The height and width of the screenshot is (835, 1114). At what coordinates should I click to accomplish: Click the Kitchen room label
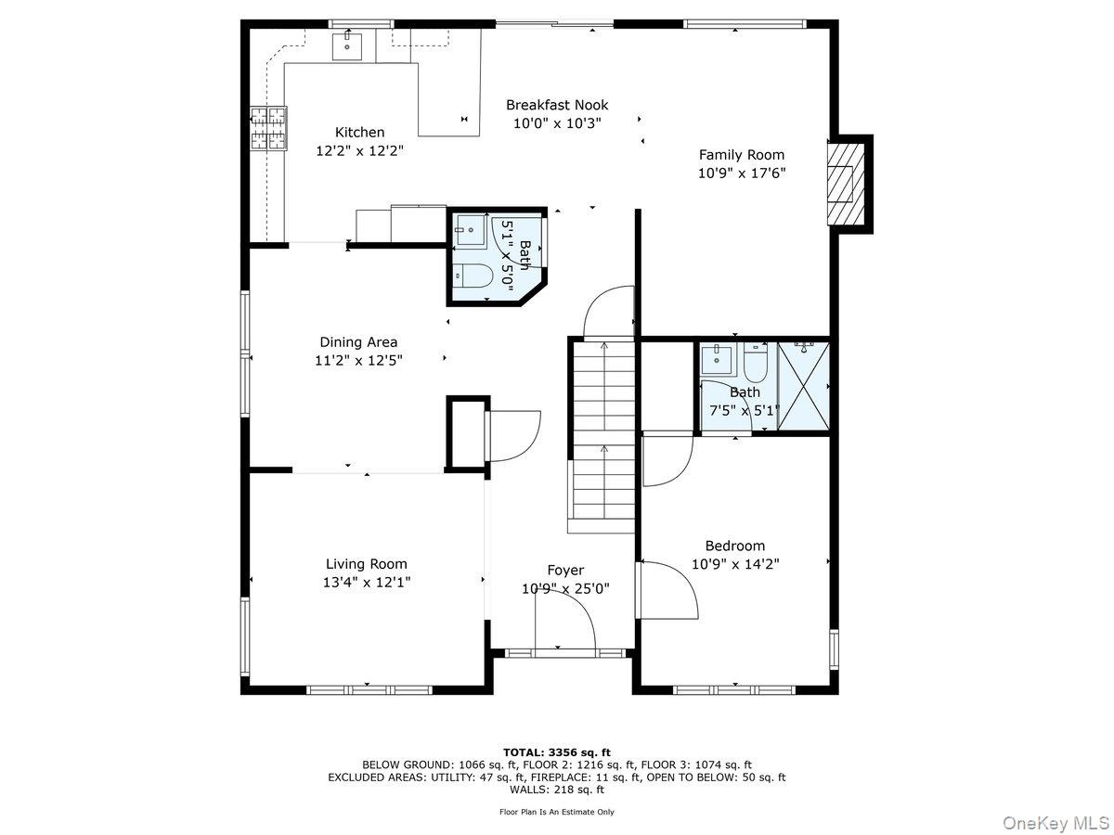tap(359, 133)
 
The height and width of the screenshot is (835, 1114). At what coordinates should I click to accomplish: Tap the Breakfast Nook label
tap(557, 105)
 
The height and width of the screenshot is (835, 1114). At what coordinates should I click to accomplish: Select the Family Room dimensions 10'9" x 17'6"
tap(742, 173)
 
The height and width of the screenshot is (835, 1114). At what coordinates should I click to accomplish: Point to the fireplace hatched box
tap(846, 184)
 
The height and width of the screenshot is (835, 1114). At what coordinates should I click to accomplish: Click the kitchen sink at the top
tap(347, 45)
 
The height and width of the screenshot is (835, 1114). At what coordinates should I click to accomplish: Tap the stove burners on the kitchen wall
tap(268, 128)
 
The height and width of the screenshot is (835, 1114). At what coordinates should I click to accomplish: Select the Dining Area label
tap(358, 342)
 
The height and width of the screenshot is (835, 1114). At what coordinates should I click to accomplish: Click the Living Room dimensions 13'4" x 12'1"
tap(367, 582)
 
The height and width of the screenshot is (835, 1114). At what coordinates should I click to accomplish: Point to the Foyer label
tap(565, 571)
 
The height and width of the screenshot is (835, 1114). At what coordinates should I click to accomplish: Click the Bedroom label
tap(735, 546)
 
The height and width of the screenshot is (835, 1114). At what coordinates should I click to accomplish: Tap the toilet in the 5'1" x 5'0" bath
tap(473, 276)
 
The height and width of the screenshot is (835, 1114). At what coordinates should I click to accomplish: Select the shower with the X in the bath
tap(803, 386)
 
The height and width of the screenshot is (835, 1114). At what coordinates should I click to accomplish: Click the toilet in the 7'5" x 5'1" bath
tap(755, 362)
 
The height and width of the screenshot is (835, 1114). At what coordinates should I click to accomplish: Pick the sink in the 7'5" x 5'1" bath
tap(716, 361)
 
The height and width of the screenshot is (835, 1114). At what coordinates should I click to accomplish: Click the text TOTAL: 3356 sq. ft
tap(557, 752)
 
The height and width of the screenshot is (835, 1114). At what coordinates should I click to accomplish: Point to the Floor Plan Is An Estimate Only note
tap(557, 812)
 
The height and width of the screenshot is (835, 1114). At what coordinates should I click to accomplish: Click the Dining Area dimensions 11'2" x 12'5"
tap(358, 361)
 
